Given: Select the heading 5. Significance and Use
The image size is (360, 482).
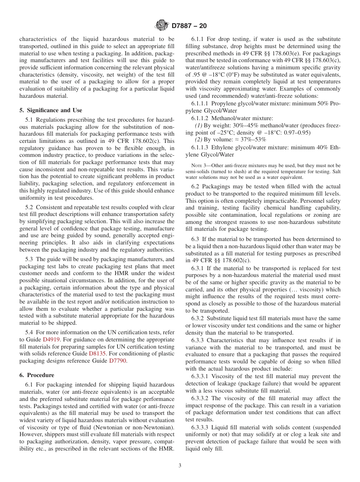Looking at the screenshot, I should point(50,110).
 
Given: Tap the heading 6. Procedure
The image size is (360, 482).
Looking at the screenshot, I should point(37,375).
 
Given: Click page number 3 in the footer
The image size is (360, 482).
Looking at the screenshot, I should point(180,466).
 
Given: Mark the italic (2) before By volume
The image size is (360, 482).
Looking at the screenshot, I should point(198,140).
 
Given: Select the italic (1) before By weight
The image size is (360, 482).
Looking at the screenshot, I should point(198,125).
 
